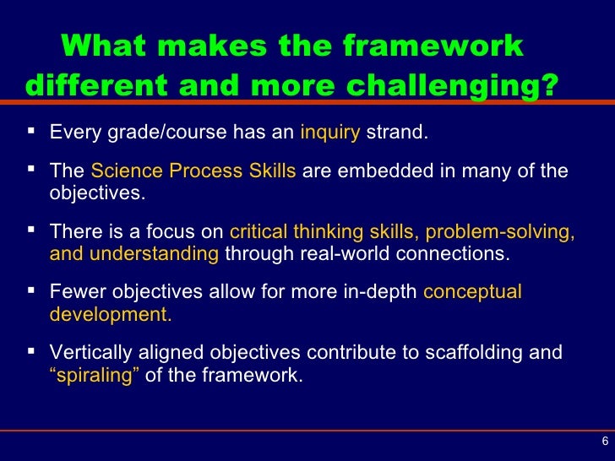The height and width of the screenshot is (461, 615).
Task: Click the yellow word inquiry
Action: coord(330,133)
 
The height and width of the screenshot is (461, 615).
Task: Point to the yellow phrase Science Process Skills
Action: coord(193,171)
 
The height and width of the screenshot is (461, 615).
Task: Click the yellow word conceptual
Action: coord(472,292)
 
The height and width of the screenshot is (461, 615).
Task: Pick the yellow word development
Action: coord(111,314)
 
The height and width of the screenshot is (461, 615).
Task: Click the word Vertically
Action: coord(92,353)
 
